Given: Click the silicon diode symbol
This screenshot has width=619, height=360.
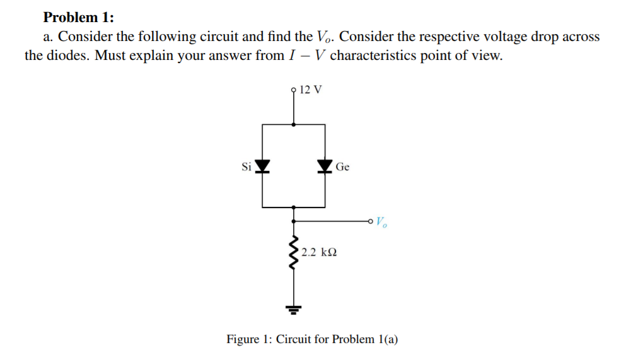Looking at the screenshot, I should click(x=262, y=166).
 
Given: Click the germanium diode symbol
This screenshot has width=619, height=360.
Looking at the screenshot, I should click(x=325, y=166).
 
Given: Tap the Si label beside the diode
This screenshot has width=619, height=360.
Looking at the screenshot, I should click(x=246, y=167).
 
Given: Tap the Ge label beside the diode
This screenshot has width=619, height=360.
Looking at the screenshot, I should click(x=342, y=167).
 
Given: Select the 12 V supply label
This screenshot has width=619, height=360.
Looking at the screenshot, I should click(x=311, y=89).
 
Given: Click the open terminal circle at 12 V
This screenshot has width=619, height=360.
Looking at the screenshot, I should click(x=294, y=90).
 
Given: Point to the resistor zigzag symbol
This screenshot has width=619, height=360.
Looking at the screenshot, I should click(x=293, y=252).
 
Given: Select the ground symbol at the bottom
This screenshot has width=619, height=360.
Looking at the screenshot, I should click(x=294, y=309).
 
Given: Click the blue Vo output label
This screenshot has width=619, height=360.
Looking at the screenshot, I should click(x=382, y=222).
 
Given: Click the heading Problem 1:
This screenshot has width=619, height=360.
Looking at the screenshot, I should click(x=78, y=17).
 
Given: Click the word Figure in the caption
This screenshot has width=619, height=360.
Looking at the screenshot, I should click(x=243, y=339).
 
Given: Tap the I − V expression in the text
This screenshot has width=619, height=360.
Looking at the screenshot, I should click(x=306, y=55).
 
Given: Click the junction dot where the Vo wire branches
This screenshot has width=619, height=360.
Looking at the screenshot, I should click(x=294, y=221).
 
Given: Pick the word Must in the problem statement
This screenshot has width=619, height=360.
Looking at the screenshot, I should click(x=112, y=55).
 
